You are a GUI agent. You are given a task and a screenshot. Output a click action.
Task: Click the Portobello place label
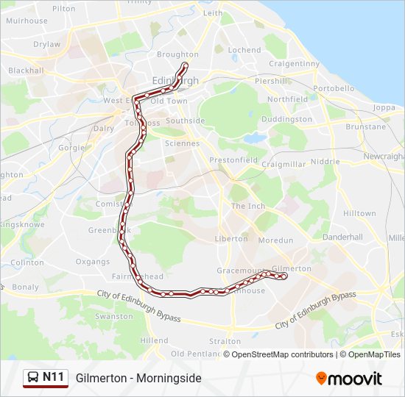[334, 88]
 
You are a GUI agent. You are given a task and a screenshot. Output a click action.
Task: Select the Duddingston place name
[286, 119]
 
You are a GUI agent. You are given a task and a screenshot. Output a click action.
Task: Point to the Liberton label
[231, 239]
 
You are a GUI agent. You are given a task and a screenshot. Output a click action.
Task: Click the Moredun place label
[276, 240]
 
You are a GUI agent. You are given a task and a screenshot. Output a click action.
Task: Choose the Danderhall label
[342, 237]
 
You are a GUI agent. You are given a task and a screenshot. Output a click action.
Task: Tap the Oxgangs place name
[93, 261]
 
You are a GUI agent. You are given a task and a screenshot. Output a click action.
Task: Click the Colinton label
[27, 262]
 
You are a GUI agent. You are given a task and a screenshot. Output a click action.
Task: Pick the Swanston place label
[114, 316]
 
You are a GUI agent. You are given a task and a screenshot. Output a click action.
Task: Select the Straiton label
[225, 341]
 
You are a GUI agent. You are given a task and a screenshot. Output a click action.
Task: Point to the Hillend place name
[154, 341]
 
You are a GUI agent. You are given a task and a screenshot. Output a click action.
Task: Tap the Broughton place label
[177, 54]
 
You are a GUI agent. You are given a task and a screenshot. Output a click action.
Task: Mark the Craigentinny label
[295, 64]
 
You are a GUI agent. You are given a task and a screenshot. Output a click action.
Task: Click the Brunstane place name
[365, 126]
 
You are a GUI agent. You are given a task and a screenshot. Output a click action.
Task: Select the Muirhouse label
[27, 21]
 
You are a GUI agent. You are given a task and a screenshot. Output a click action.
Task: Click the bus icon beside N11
[33, 378]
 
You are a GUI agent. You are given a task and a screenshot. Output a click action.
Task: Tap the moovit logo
[349, 379]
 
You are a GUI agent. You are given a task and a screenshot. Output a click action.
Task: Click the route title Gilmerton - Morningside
[138, 378]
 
